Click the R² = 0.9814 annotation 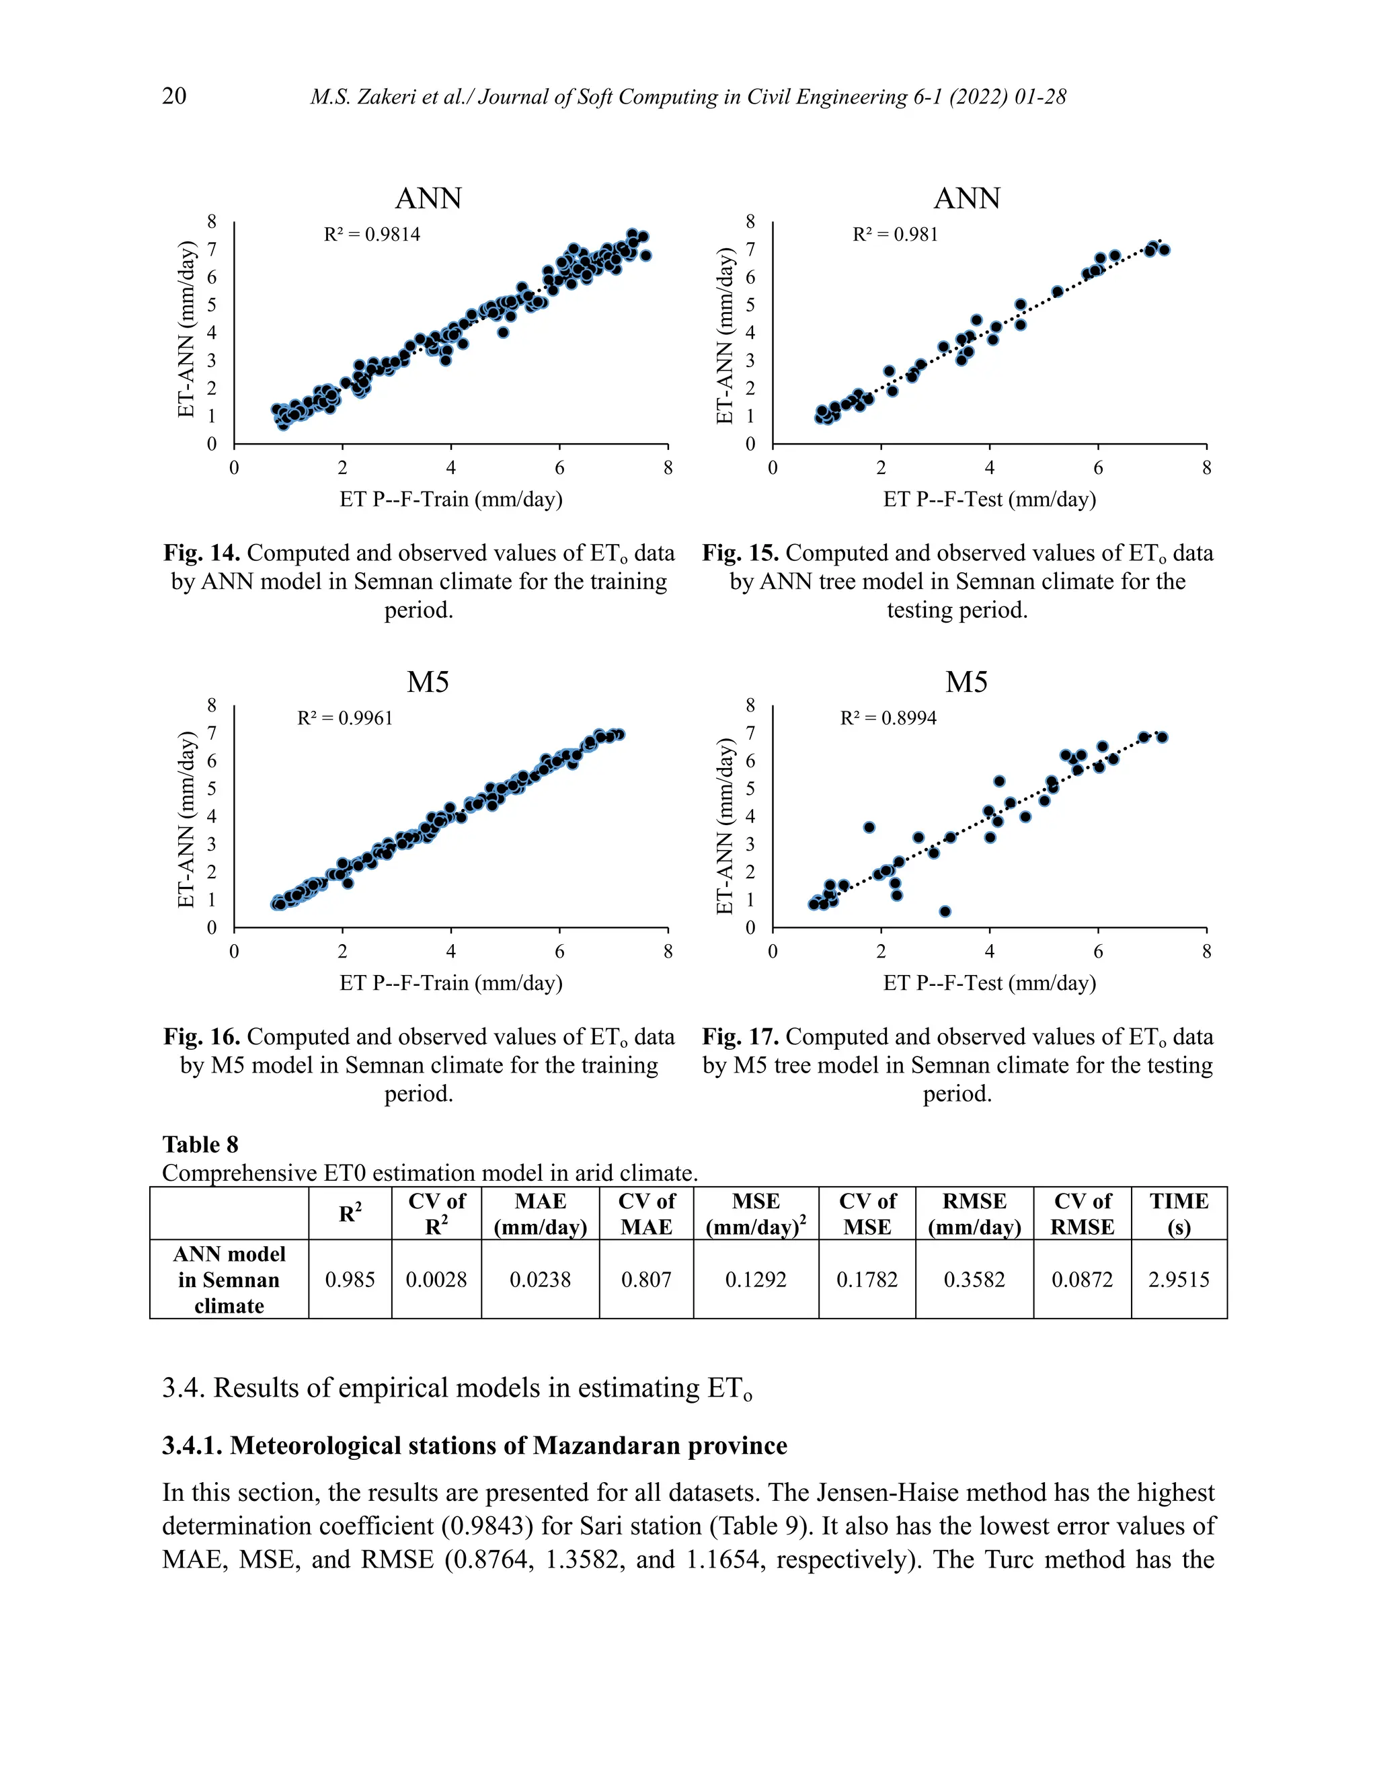point(372,235)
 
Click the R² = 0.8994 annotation point(888,719)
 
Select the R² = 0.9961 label point(345,719)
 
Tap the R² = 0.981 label point(895,235)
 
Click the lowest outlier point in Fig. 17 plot point(945,911)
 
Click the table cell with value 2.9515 point(1178,1280)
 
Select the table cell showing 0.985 point(350,1280)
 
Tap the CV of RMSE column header point(1082,1213)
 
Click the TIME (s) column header point(1178,1213)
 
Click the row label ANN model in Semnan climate point(229,1280)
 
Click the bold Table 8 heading point(200,1145)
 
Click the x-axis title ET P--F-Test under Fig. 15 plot point(988,500)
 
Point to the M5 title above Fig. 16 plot point(428,682)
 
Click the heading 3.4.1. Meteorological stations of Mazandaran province point(474,1446)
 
